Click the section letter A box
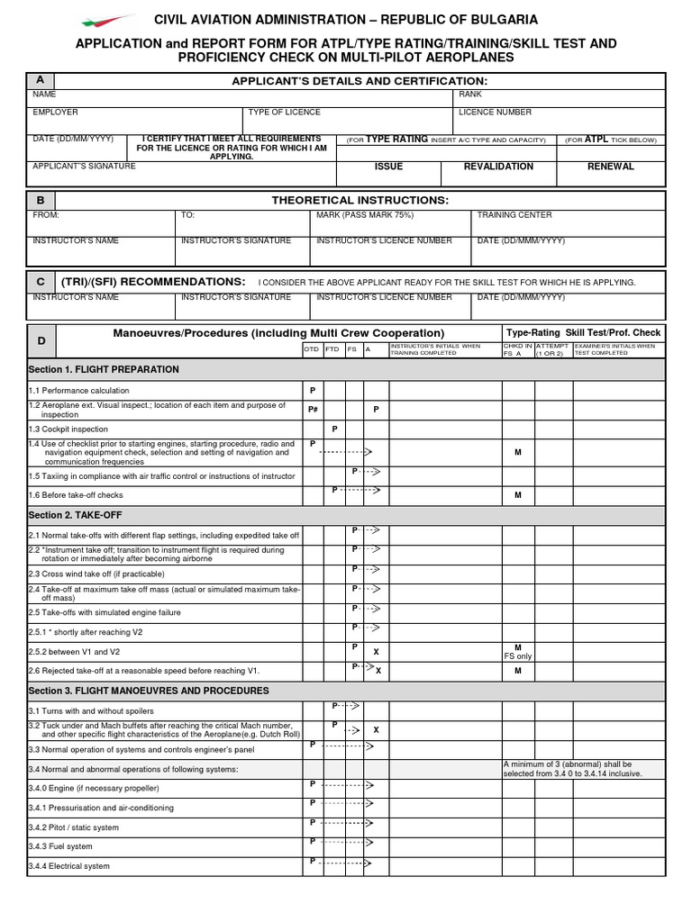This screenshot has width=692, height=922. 40,81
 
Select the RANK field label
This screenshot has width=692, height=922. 470,94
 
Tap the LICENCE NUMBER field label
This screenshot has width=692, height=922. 495,113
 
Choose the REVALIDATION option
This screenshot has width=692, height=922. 498,167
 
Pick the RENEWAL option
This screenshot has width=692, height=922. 610,167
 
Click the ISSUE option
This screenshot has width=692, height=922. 388,167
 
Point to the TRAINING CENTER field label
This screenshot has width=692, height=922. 514,215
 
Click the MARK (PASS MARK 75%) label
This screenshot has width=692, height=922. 365,215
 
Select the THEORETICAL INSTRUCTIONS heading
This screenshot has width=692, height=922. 360,200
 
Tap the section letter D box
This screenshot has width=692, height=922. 41,341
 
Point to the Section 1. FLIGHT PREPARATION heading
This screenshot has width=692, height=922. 104,369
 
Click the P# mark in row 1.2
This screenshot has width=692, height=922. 313,410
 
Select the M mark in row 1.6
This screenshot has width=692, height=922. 518,495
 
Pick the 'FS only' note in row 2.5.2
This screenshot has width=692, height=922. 518,656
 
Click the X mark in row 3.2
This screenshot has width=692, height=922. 377,729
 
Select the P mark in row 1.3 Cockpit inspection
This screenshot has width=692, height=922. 335,429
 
